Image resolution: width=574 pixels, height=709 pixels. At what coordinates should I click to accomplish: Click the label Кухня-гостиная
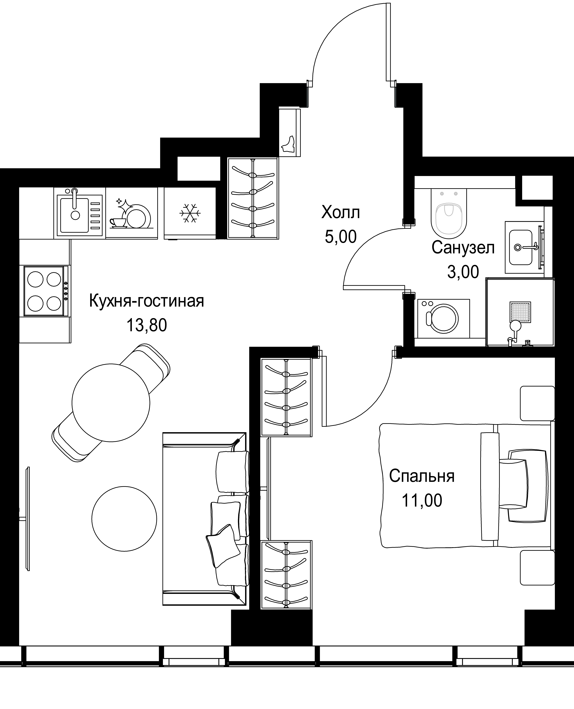[x=146, y=301]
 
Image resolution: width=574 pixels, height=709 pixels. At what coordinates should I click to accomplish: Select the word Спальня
[x=422, y=476]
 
